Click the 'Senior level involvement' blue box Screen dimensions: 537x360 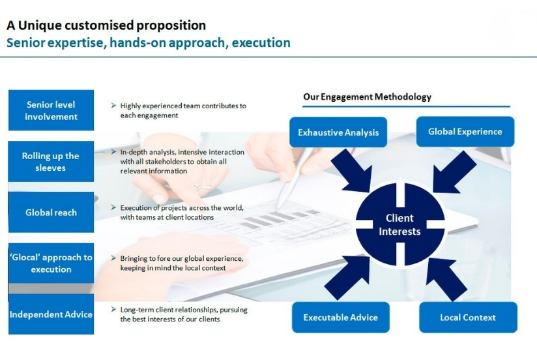[x=51, y=110]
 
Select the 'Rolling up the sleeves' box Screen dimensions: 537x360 [x=51, y=161]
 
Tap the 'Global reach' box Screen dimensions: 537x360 [x=51, y=212]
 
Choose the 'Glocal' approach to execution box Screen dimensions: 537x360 [x=51, y=263]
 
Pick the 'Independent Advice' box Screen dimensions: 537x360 [x=51, y=314]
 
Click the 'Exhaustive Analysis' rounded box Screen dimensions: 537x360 [x=338, y=132]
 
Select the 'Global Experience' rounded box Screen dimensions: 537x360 [x=465, y=132]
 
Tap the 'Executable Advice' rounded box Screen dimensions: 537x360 [x=340, y=317]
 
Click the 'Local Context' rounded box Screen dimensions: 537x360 [x=468, y=317]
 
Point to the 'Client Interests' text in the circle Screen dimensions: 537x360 [x=399, y=224]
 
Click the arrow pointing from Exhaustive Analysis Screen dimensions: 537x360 [x=353, y=171]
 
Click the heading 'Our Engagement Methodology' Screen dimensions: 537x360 [x=367, y=97]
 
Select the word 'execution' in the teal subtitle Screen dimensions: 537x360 [x=261, y=43]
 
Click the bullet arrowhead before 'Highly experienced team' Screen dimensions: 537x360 [x=113, y=105]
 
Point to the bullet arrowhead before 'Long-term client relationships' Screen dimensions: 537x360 [x=113, y=309]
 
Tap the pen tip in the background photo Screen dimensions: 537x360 [x=277, y=209]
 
